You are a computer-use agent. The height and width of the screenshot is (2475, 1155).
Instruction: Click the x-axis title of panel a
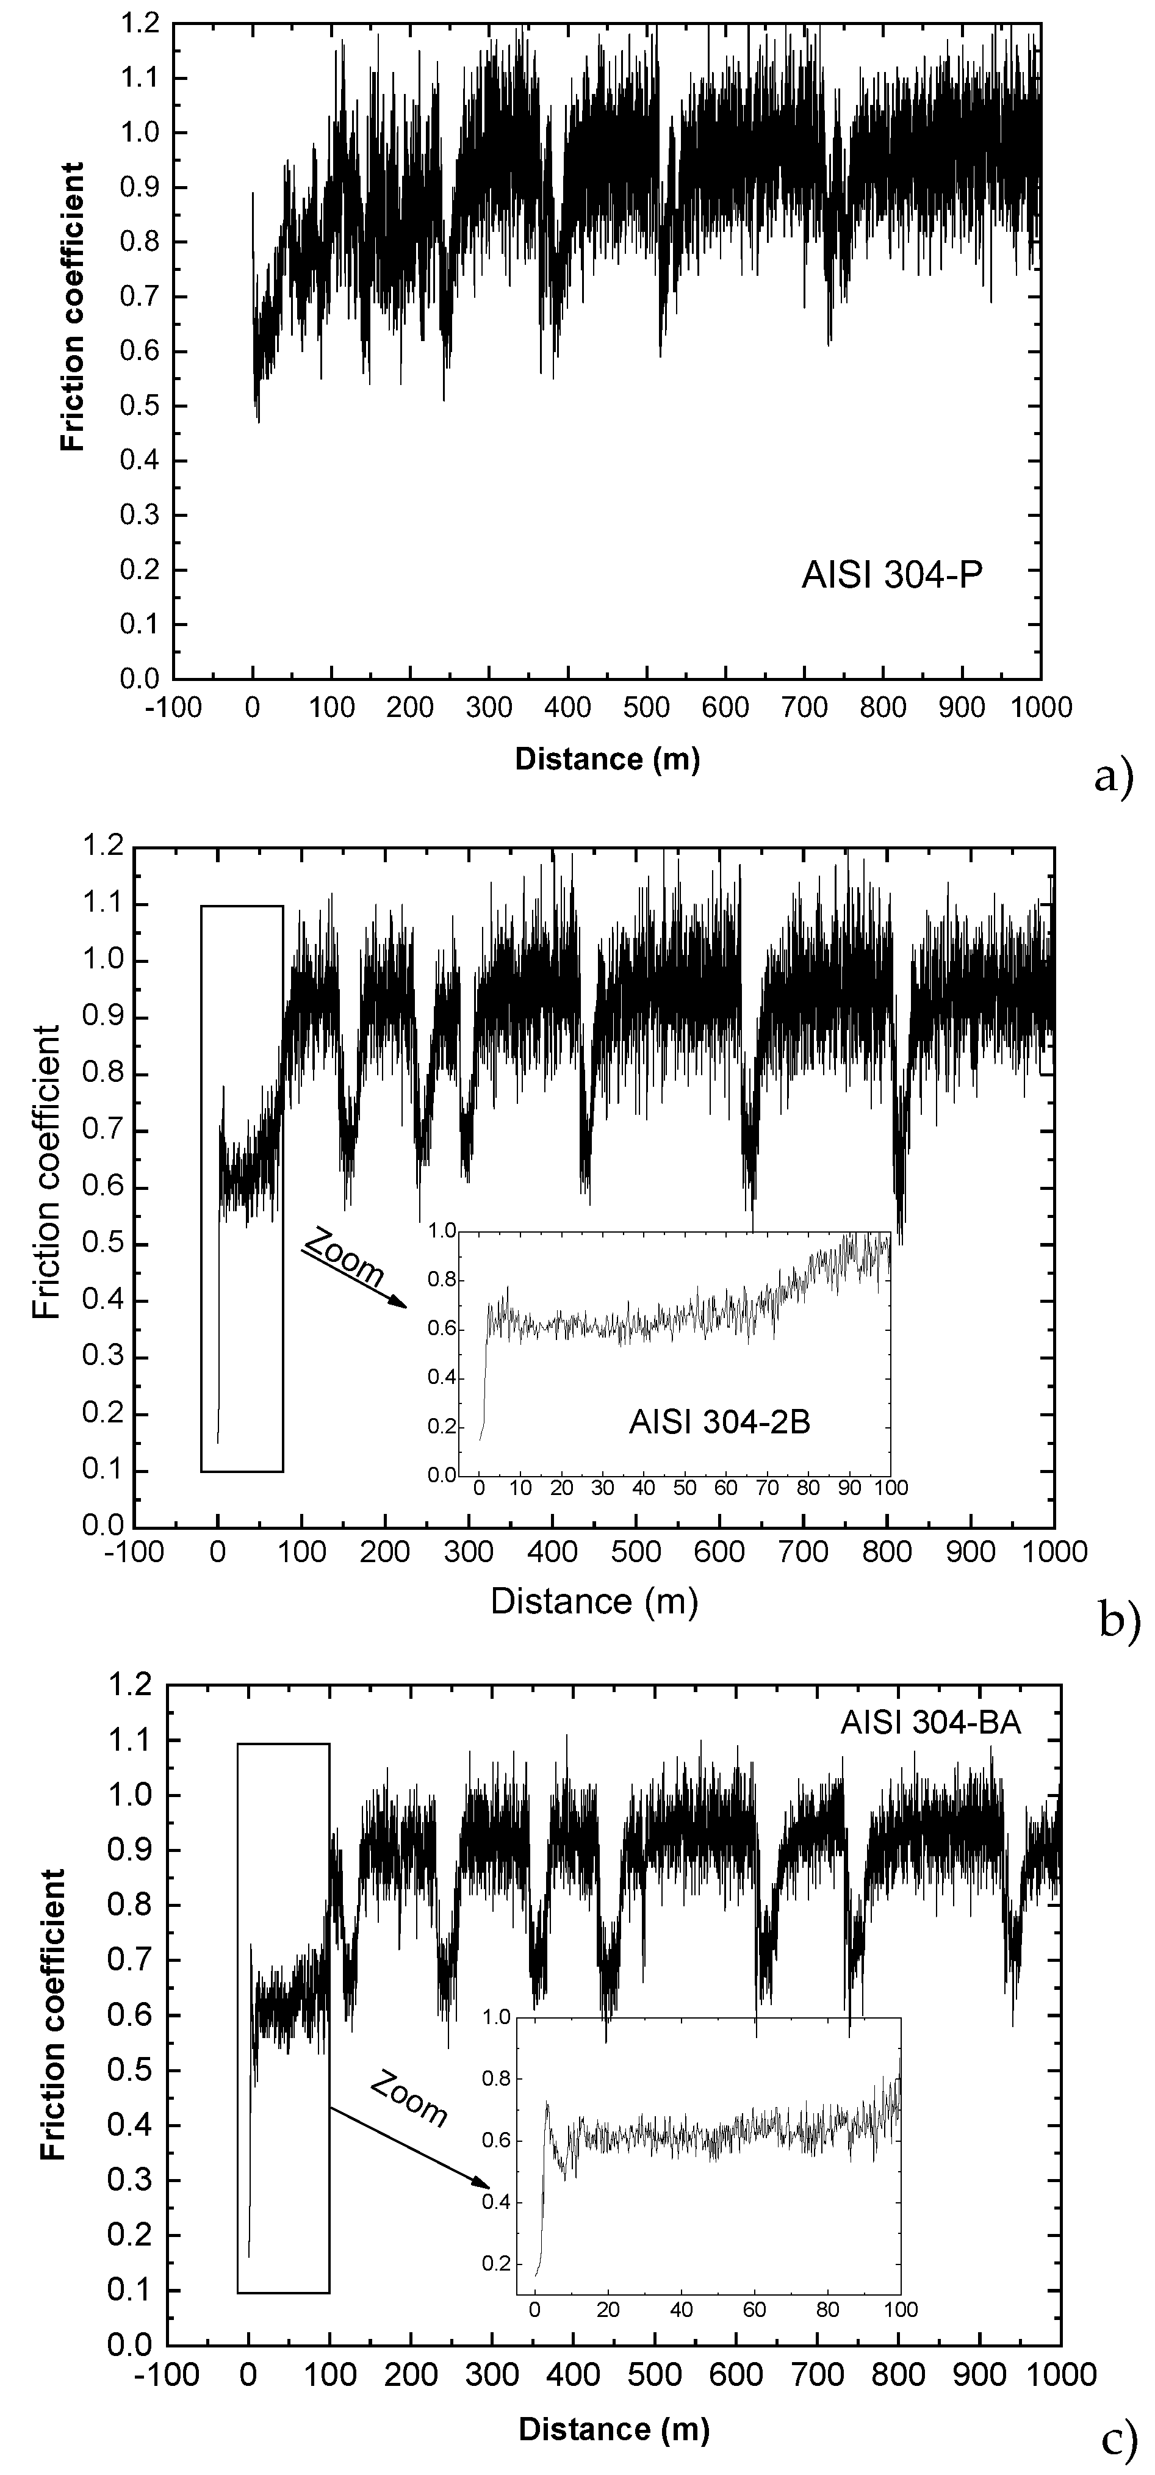point(607,759)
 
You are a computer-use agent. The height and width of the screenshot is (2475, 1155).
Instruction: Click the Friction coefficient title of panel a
point(72,306)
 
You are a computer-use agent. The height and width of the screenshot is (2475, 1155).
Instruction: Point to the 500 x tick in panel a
point(647,708)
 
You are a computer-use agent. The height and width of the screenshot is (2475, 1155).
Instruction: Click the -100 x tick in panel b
point(134,1552)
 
